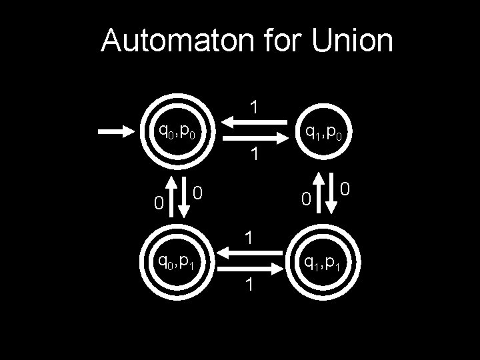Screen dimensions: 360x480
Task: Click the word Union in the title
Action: (x=351, y=41)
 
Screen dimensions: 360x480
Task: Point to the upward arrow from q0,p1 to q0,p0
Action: (x=171, y=197)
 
